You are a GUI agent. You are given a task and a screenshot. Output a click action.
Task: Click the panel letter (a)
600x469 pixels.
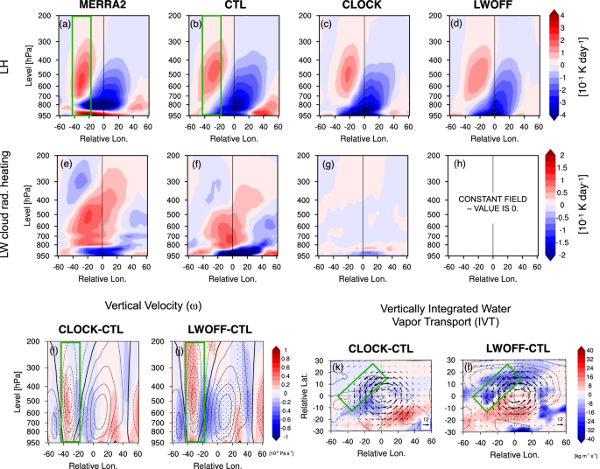pos(66,23)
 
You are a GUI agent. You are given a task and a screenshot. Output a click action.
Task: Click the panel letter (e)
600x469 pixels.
pos(66,160)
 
